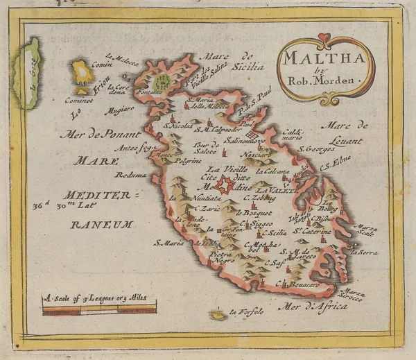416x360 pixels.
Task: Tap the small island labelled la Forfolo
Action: coord(219,316)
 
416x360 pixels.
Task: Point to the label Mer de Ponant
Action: coord(95,135)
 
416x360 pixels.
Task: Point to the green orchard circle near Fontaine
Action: coord(162,83)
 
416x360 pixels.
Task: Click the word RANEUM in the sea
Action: coord(100,224)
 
